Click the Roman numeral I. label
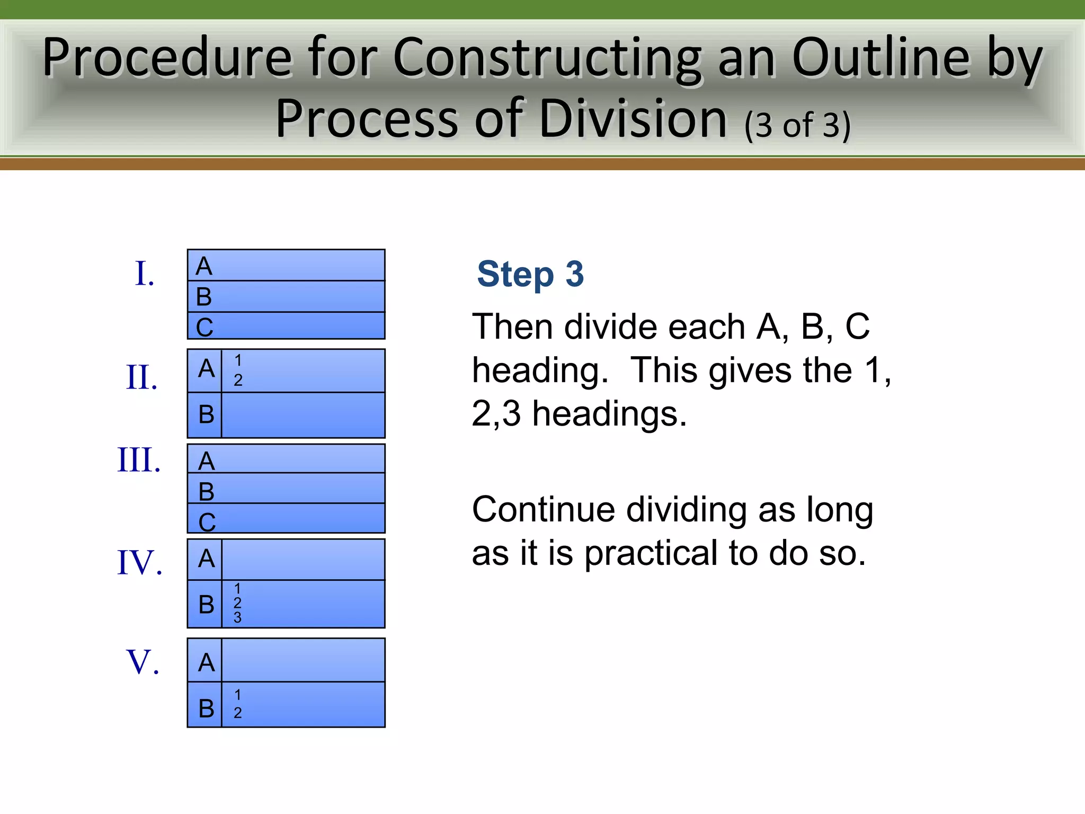point(145,274)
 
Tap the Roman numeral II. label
point(142,377)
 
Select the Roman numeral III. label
point(139,459)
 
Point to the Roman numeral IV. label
point(139,562)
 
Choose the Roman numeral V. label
point(143,662)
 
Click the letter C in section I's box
point(204,327)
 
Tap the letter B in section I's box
point(204,297)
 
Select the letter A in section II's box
point(206,368)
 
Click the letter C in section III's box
point(207,522)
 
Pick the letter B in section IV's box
point(206,604)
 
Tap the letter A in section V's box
point(206,662)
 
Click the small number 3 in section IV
point(237,617)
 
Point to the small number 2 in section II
point(238,380)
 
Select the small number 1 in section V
point(238,695)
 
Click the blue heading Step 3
point(530,274)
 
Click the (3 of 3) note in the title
point(797,125)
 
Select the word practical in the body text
point(651,553)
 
